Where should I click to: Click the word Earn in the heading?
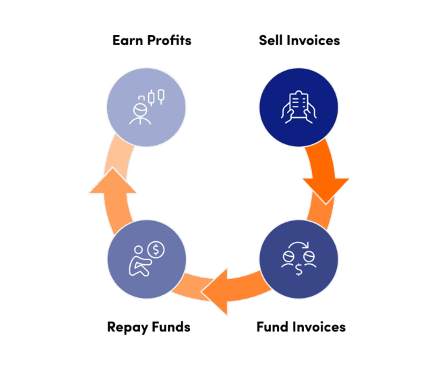click(129, 40)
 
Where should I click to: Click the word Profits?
click(170, 40)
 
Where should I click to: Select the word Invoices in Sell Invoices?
click(313, 40)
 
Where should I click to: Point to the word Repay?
click(127, 328)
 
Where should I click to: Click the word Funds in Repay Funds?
click(171, 327)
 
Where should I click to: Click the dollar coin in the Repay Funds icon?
click(156, 249)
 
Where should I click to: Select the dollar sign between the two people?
click(299, 270)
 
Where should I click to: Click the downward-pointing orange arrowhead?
click(326, 191)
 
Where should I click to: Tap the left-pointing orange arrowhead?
click(214, 292)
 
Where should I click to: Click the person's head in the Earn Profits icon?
click(140, 110)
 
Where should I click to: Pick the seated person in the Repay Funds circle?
click(139, 261)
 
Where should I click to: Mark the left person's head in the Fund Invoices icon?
click(288, 256)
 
